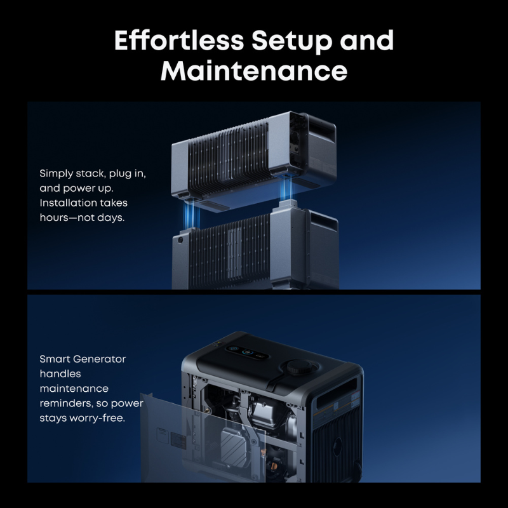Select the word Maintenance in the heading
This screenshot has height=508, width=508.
click(254, 71)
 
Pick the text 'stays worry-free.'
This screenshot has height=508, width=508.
click(82, 418)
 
